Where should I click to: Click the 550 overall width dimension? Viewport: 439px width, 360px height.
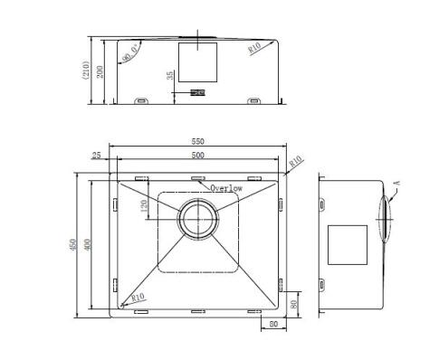click(196, 141)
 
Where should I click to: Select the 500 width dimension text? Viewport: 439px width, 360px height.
click(196, 156)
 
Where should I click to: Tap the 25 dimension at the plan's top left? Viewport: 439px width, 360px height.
click(97, 156)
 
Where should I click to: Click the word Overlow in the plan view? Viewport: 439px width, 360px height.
click(225, 188)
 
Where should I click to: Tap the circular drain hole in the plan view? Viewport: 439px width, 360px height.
click(197, 218)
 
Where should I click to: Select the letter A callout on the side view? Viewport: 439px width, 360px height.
click(396, 184)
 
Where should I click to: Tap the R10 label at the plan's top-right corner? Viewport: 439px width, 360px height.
click(295, 162)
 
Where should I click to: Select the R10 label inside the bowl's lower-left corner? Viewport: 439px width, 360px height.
click(137, 296)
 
